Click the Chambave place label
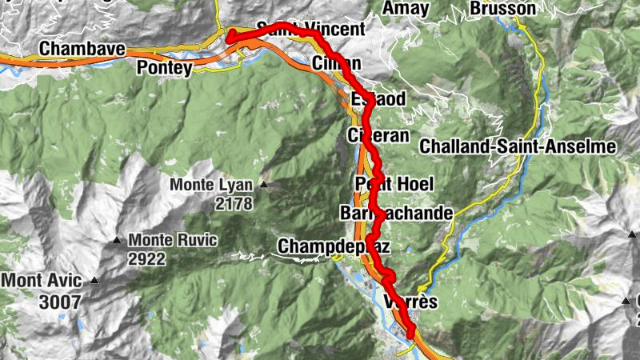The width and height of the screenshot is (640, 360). tap(82, 50)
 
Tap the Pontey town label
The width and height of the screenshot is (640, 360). tap(165, 68)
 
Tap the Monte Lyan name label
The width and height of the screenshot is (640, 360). tap(210, 186)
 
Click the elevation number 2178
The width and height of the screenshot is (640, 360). tap(233, 204)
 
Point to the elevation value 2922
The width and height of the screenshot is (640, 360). tap(146, 258)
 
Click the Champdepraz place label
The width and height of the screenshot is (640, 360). tap(334, 246)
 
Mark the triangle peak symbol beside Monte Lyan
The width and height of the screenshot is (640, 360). tap(262, 186)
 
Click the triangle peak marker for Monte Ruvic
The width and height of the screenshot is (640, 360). tap(118, 239)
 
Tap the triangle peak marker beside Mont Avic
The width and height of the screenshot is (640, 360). tap(95, 281)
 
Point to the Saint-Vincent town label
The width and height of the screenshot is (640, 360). tap(312, 30)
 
